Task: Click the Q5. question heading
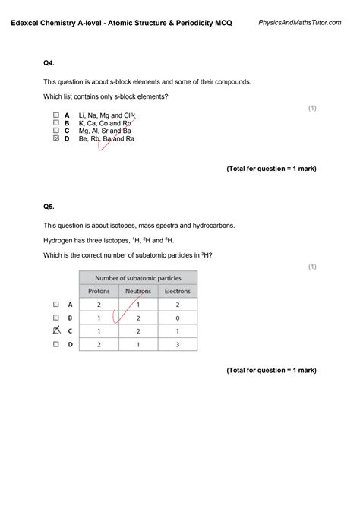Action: pyautogui.click(x=49, y=206)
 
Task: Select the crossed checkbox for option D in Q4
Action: pyautogui.click(x=55, y=138)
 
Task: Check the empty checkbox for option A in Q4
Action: pyautogui.click(x=55, y=115)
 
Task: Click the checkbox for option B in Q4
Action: pyautogui.click(x=55, y=122)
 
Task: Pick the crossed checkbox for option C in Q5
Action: pyautogui.click(x=55, y=330)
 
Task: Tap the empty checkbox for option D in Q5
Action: pyautogui.click(x=55, y=344)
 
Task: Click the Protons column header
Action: pyautogui.click(x=99, y=291)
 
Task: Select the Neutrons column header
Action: pyautogui.click(x=137, y=291)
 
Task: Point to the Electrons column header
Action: pyautogui.click(x=178, y=291)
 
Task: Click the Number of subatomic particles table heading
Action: pyautogui.click(x=137, y=277)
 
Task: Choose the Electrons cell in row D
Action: pyautogui.click(x=178, y=344)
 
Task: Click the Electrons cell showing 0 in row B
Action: pyautogui.click(x=178, y=318)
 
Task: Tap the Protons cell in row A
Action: pyautogui.click(x=99, y=304)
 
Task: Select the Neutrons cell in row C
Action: pyautogui.click(x=137, y=331)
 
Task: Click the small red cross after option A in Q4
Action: pyautogui.click(x=134, y=115)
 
